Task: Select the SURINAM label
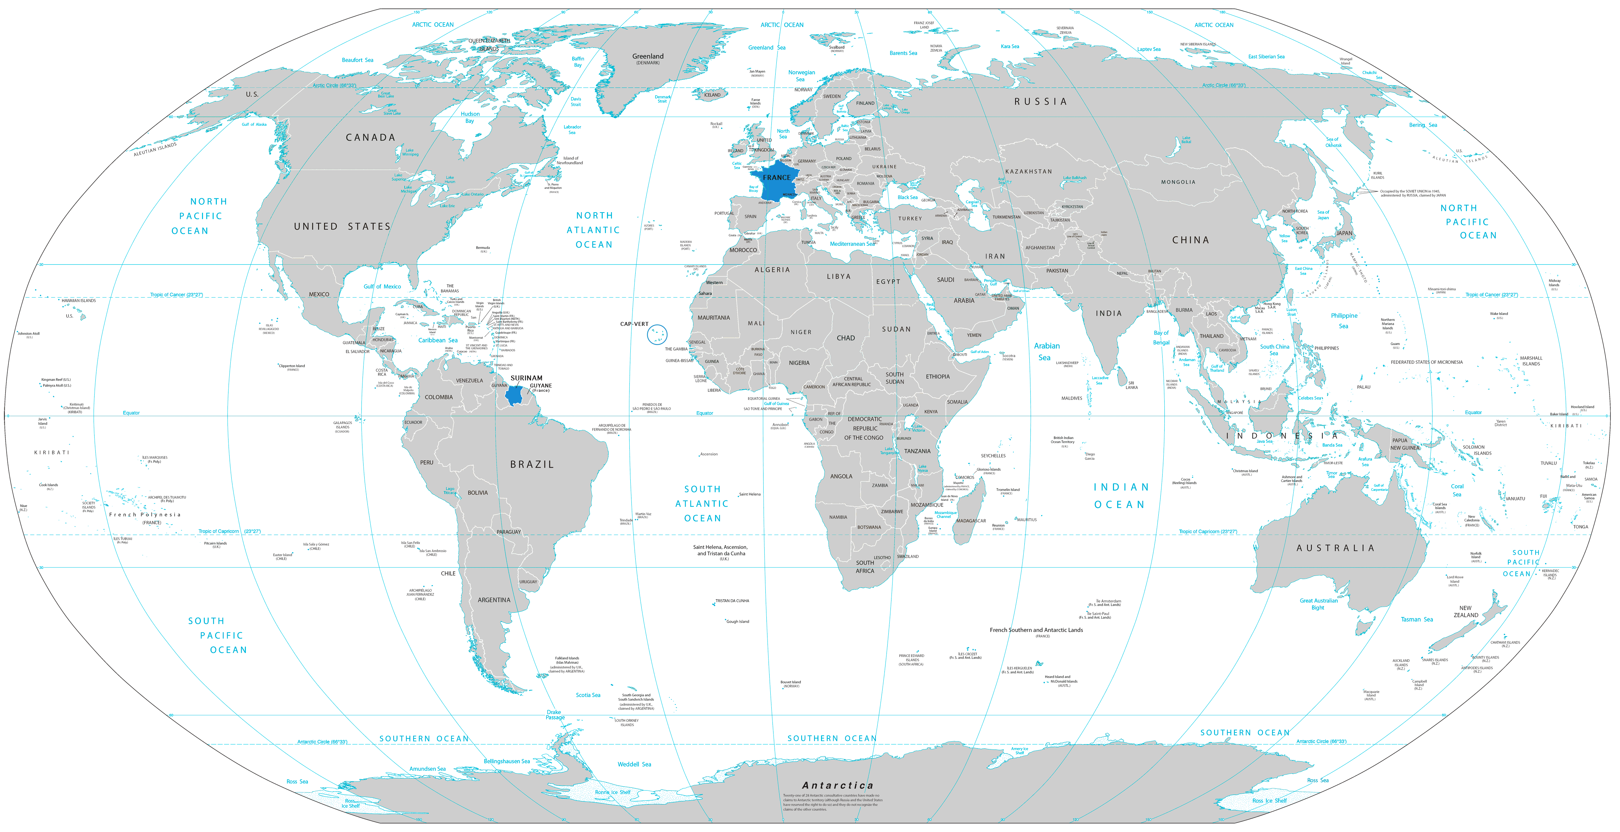click(x=527, y=378)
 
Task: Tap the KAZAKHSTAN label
click(x=1028, y=171)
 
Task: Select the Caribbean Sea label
click(x=438, y=340)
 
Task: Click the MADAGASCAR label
click(x=971, y=521)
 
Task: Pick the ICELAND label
click(x=713, y=95)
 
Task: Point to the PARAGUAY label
click(x=509, y=532)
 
